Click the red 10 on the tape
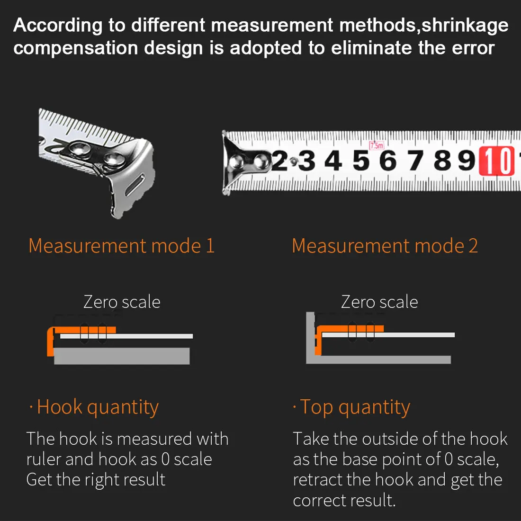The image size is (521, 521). click(x=497, y=161)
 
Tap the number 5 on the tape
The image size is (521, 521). click(x=361, y=161)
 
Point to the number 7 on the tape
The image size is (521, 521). click(x=415, y=161)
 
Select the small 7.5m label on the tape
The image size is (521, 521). click(x=377, y=145)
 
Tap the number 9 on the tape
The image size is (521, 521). click(x=467, y=161)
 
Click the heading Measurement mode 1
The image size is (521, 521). click(x=121, y=246)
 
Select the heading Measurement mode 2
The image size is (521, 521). click(x=385, y=246)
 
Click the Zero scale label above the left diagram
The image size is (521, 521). click(x=122, y=302)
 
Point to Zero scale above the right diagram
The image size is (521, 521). click(x=379, y=302)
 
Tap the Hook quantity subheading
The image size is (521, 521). click(x=98, y=407)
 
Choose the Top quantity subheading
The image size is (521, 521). click(x=355, y=407)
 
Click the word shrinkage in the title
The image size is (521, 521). click(x=465, y=25)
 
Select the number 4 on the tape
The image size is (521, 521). click(x=333, y=161)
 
